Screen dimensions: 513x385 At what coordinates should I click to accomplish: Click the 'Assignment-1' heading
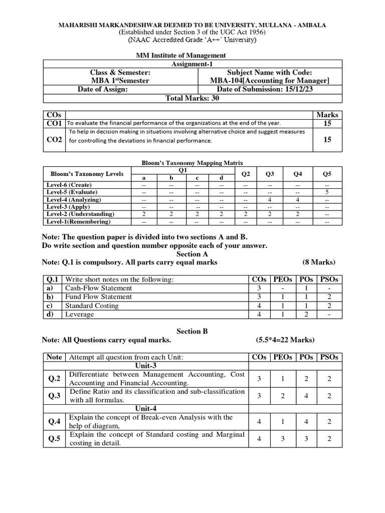(192, 64)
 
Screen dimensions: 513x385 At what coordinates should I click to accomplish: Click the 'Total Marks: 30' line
(192, 98)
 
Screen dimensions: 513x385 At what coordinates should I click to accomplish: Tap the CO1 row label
(54, 123)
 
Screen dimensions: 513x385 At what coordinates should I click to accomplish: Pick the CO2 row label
(54, 140)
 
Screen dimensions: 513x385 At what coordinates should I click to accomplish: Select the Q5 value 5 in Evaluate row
(327, 192)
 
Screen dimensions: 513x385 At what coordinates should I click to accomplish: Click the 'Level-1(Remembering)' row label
(78, 221)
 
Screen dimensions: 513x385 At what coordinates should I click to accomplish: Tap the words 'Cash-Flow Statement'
(99, 288)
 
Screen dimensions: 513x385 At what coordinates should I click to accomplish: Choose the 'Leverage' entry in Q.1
(80, 315)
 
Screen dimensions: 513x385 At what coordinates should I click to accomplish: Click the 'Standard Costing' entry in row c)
(92, 306)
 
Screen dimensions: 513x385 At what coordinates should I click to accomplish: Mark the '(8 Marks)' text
(319, 262)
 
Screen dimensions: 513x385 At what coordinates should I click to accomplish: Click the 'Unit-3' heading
(146, 366)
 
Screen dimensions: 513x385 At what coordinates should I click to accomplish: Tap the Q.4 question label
(54, 421)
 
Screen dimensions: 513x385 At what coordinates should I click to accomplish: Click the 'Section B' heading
(192, 331)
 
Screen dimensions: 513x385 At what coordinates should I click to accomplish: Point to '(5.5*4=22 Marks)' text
(285, 340)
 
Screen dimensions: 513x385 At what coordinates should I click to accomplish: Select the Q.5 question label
(54, 438)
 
